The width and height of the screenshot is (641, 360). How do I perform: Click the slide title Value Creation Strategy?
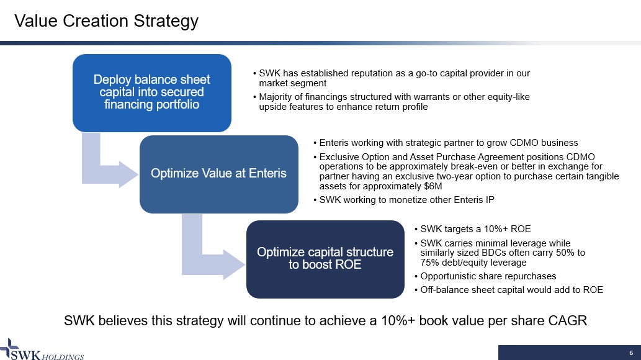coord(106,21)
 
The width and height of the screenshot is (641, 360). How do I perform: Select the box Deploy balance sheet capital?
coord(152,93)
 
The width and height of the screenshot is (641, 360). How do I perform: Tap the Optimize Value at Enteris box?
coord(218,174)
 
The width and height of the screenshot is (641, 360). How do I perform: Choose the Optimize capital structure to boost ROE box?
coord(325,259)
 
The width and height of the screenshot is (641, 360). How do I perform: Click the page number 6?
coord(631,353)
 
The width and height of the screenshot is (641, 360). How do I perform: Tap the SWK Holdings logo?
coord(42,350)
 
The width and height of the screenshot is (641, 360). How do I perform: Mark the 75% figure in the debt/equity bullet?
coord(429,263)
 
